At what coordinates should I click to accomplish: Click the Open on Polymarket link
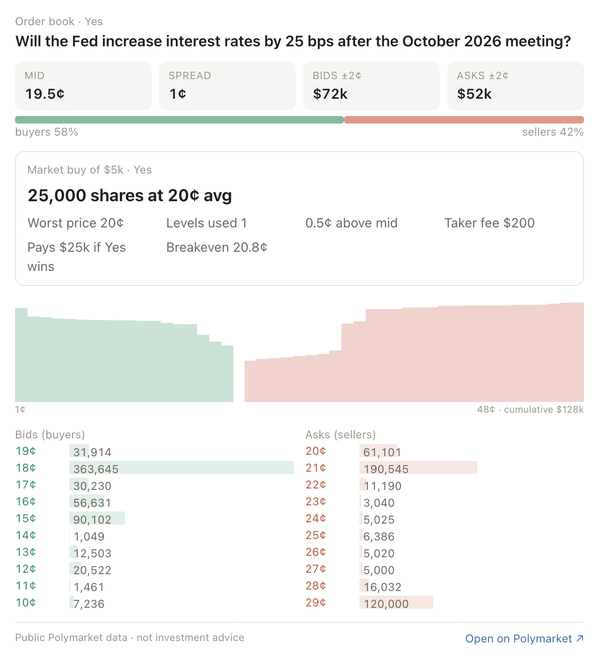pos(524,638)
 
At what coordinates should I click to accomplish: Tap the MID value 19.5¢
pos(45,94)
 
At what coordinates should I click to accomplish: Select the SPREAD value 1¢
pos(178,94)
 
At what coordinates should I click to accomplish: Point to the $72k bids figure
pos(330,94)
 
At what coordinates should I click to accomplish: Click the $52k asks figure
pos(474,94)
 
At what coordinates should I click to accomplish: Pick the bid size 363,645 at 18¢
pos(95,469)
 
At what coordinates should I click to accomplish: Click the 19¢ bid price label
pos(26,451)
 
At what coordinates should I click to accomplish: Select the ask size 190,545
pos(386,469)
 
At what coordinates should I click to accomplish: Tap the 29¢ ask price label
pos(316,602)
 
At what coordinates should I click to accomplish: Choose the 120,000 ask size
pos(386,604)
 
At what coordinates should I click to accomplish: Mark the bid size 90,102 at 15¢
pos(92,520)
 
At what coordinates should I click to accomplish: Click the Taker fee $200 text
pos(489,223)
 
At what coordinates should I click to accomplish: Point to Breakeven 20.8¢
pos(217,248)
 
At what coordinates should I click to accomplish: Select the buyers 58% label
pos(46,132)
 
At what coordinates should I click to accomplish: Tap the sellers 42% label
pos(553,132)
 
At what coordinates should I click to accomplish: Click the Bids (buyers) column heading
pos(50,435)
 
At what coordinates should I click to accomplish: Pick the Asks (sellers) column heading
pos(341,435)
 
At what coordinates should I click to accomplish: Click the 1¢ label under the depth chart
pos(20,409)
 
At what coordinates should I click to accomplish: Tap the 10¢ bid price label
pos(26,602)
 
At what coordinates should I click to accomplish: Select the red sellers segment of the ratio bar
pos(464,120)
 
